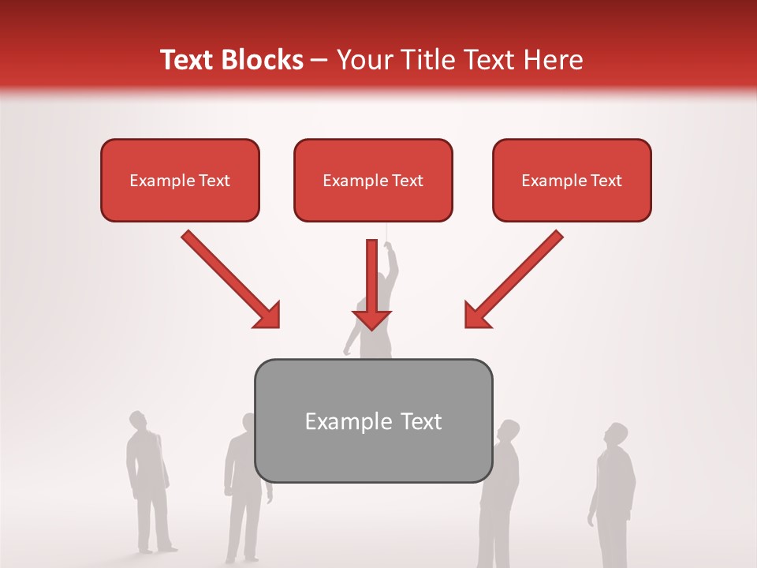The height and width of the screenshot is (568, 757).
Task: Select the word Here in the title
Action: [x=554, y=60]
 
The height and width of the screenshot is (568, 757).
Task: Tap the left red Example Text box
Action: [x=180, y=180]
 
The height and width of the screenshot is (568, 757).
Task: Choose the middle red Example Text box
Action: [x=373, y=180]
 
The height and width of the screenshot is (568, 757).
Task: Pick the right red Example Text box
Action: [x=572, y=180]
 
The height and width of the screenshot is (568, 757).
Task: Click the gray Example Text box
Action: [x=373, y=420]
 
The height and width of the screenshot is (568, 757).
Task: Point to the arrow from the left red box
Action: [x=229, y=278]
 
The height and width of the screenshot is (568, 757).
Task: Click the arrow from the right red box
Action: [x=515, y=278]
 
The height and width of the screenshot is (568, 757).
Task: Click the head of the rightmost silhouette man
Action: [x=617, y=435]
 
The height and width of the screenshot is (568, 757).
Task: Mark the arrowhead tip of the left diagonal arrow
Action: [x=278, y=327]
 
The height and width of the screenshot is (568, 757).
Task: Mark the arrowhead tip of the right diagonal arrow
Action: [x=466, y=327]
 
